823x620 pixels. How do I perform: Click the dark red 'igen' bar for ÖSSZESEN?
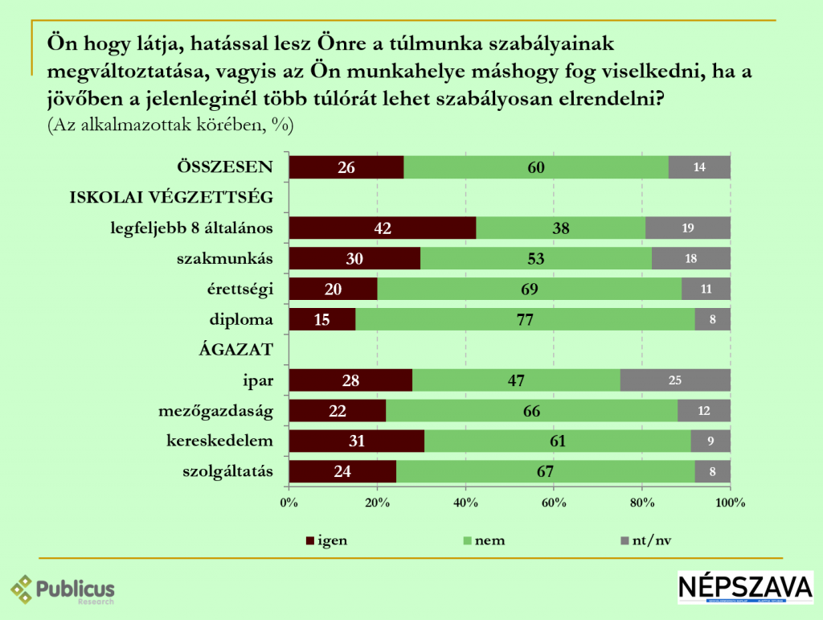pyautogui.click(x=346, y=167)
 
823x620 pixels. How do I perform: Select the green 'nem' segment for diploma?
pyautogui.click(x=525, y=319)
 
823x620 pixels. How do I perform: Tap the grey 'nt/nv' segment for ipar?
pyautogui.click(x=675, y=380)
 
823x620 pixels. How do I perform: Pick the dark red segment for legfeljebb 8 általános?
pyautogui.click(x=382, y=228)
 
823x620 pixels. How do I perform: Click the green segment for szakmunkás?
pyautogui.click(x=536, y=259)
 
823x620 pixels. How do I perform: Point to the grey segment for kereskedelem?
pyautogui.click(x=711, y=441)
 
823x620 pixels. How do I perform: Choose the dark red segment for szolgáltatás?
pyautogui.click(x=342, y=471)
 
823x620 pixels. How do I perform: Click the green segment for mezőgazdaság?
pyautogui.click(x=531, y=411)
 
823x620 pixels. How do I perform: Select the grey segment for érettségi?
pyautogui.click(x=706, y=289)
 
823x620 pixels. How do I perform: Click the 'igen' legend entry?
pyautogui.click(x=325, y=540)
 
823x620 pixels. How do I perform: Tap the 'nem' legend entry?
pyautogui.click(x=481, y=540)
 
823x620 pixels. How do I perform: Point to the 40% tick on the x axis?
pyautogui.click(x=466, y=503)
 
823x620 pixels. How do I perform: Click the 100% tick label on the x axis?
pyautogui.click(x=730, y=503)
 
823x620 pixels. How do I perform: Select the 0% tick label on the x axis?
pyautogui.click(x=289, y=503)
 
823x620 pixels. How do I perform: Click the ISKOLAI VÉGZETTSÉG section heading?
pyautogui.click(x=174, y=198)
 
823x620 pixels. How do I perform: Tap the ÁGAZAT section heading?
pyautogui.click(x=238, y=350)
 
